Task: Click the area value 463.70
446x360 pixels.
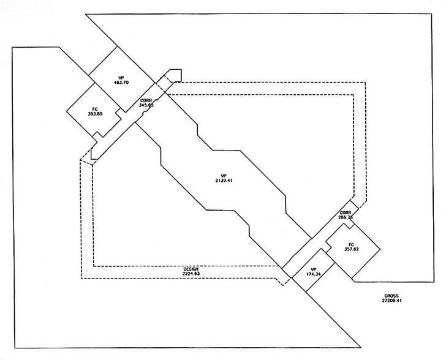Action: [x=120, y=82]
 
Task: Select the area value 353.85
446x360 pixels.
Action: [x=96, y=114]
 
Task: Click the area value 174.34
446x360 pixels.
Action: [x=312, y=274]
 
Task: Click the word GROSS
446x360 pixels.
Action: [x=391, y=296]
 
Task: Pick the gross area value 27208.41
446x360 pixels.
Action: [x=391, y=301]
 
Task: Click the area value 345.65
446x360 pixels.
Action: [x=146, y=105]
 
